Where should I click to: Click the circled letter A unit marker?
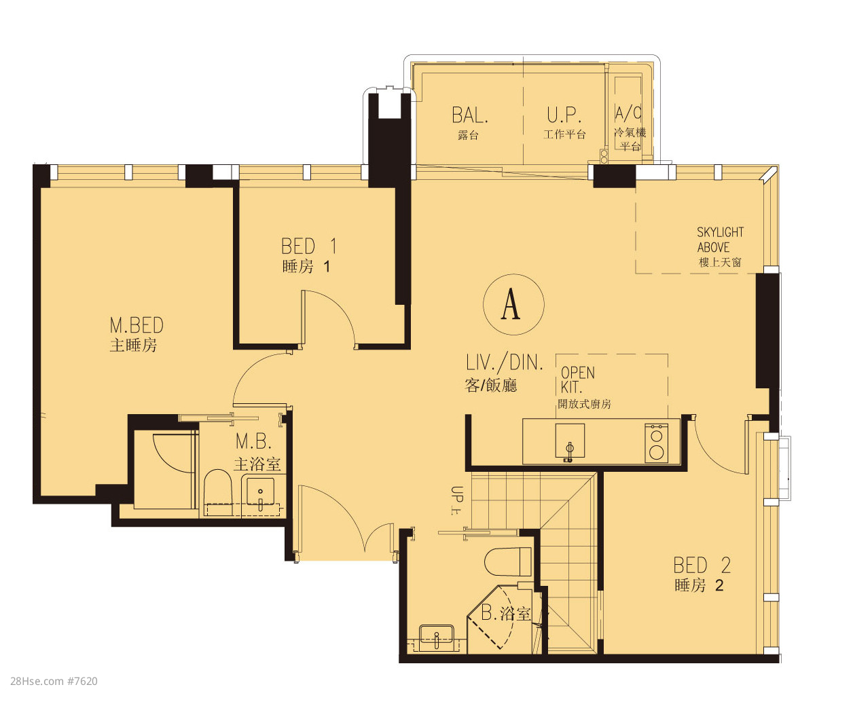click(x=513, y=304)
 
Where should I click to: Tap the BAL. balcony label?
click(x=470, y=115)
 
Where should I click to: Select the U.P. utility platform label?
click(x=564, y=115)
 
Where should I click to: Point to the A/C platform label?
click(x=628, y=113)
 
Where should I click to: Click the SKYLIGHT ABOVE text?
click(x=720, y=240)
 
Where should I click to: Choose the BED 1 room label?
click(x=309, y=246)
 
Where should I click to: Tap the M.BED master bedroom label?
click(x=137, y=325)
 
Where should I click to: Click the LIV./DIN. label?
click(x=505, y=363)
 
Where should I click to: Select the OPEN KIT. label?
click(x=577, y=379)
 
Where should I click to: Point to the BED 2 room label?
click(x=702, y=565)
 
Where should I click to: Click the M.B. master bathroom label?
click(x=254, y=441)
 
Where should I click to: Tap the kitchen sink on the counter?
click(x=570, y=441)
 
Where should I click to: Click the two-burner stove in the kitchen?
click(x=656, y=443)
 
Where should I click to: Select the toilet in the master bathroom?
click(x=218, y=492)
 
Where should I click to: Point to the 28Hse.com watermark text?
click(x=54, y=681)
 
